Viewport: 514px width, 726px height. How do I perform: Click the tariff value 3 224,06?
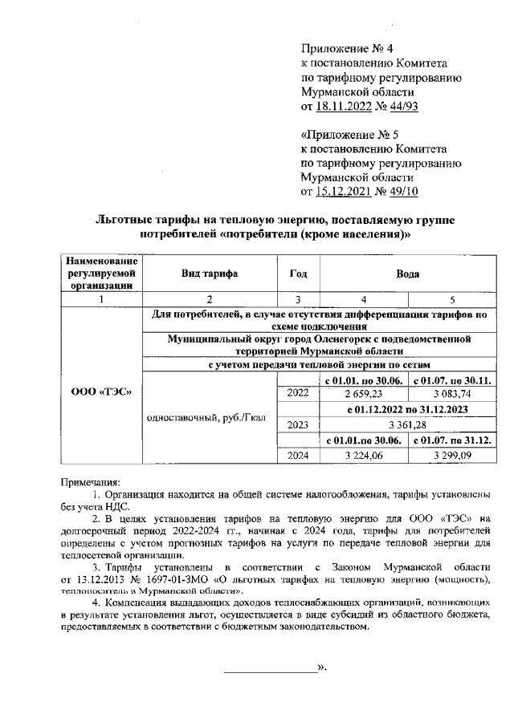click(x=363, y=456)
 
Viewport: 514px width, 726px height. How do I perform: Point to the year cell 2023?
click(x=297, y=424)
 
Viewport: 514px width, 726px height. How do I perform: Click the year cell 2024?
click(x=297, y=456)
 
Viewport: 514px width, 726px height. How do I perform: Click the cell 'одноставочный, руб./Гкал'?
click(x=208, y=417)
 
